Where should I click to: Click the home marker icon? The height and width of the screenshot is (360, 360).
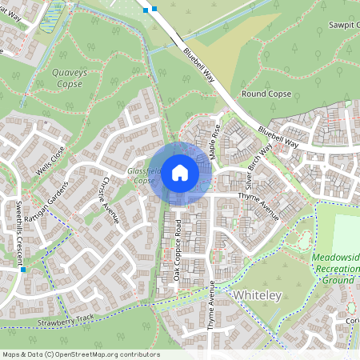pyautogui.click(x=179, y=172)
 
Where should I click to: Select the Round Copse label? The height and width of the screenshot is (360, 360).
pyautogui.click(x=266, y=94)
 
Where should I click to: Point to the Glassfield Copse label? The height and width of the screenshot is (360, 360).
pyautogui.click(x=143, y=176)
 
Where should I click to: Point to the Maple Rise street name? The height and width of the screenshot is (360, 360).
pyautogui.click(x=215, y=141)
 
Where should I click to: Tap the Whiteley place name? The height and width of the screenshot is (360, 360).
pyautogui.click(x=258, y=296)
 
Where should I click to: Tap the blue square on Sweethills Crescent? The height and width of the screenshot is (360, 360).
pyautogui.click(x=23, y=270)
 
